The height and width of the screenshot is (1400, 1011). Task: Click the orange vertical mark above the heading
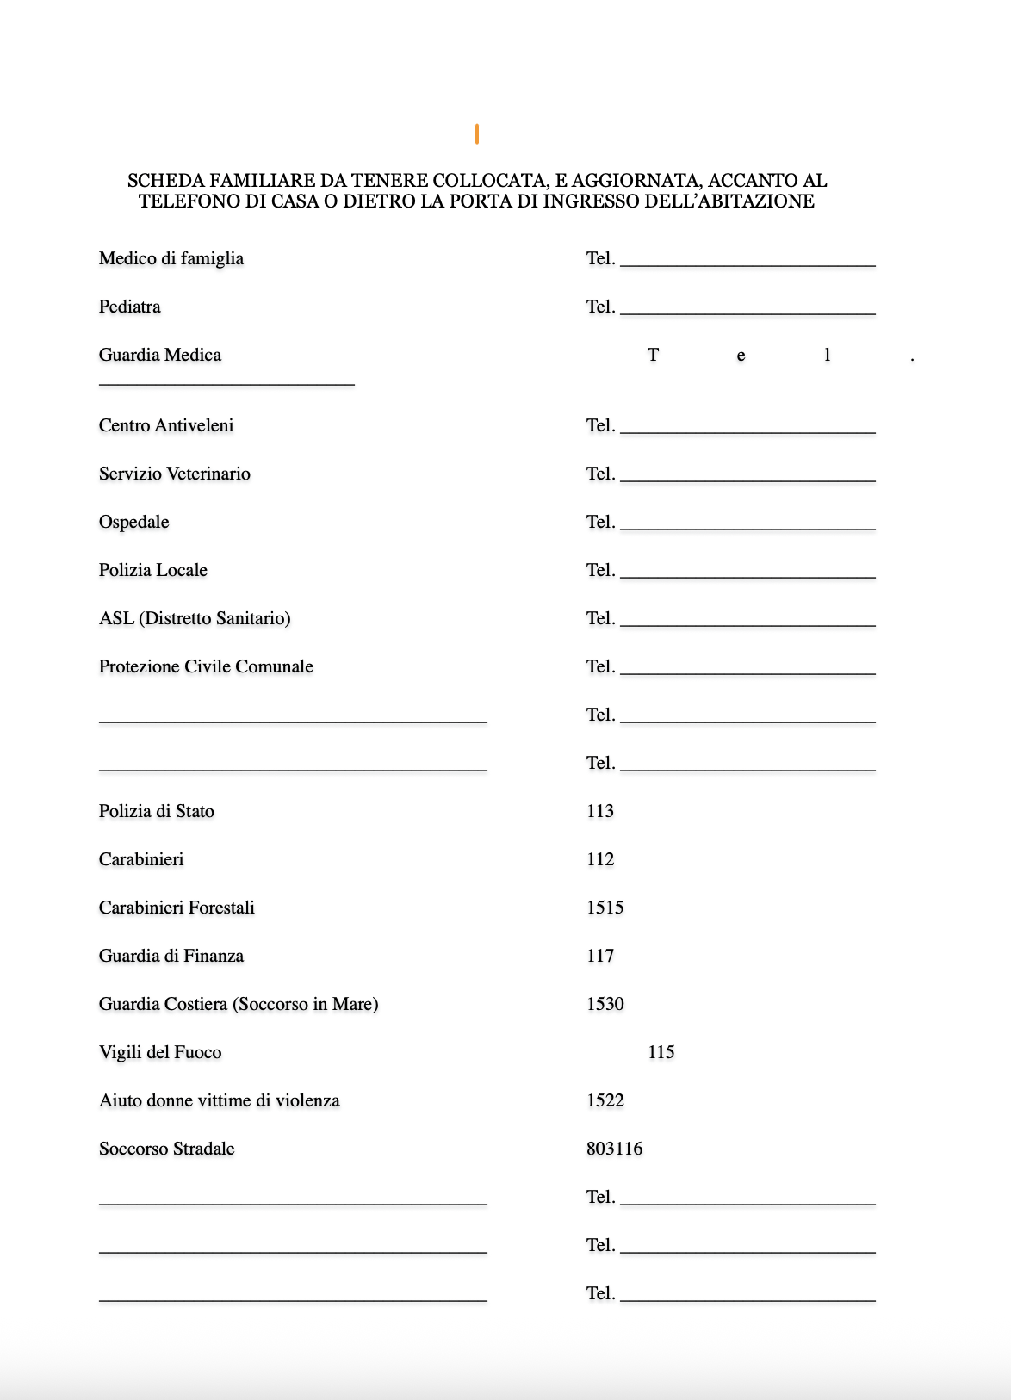(476, 133)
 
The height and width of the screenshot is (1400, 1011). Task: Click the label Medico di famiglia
(171, 258)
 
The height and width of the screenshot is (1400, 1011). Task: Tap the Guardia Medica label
(159, 355)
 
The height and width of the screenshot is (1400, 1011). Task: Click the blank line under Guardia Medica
(226, 383)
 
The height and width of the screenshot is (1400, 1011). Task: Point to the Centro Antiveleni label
(166, 425)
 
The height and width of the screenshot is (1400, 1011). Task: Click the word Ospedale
(133, 522)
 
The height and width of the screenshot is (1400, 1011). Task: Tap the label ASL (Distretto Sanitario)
(195, 618)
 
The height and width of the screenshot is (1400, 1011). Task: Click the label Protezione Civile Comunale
(206, 666)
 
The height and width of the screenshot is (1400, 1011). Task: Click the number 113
(599, 811)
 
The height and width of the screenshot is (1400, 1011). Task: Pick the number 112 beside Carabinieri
(599, 859)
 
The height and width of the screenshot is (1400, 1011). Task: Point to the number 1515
(605, 908)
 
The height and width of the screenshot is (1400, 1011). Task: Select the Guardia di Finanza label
(171, 956)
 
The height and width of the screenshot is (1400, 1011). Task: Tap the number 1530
(605, 1004)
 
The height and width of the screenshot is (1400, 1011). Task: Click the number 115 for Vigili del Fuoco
(661, 1052)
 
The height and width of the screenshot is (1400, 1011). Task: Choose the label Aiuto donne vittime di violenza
(219, 1100)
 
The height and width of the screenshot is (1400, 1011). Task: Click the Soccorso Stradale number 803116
(614, 1149)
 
